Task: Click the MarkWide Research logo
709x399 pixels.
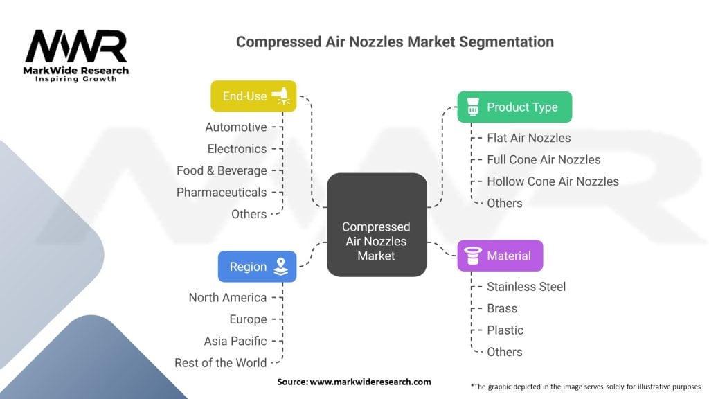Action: [76, 55]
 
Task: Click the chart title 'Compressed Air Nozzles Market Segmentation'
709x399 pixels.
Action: [395, 42]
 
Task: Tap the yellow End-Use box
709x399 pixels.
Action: [253, 96]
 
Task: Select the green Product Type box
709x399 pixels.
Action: [514, 107]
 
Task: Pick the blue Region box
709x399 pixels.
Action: [257, 267]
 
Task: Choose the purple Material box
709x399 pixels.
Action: [500, 256]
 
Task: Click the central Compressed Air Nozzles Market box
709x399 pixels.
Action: [376, 241]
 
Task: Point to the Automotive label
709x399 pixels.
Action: [236, 127]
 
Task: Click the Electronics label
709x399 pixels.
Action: [237, 149]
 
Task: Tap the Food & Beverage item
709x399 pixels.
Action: [222, 170]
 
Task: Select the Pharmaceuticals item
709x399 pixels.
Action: [222, 192]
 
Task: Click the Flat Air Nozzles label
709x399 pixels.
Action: [529, 138]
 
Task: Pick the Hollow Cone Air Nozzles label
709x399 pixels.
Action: [553, 181]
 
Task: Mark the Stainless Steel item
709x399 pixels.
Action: [526, 287]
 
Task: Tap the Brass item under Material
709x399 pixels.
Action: [502, 308]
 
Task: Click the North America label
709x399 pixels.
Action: [228, 297]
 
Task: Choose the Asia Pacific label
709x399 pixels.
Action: [235, 341]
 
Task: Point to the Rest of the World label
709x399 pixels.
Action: [221, 362]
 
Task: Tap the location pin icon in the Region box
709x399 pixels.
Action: [280, 267]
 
